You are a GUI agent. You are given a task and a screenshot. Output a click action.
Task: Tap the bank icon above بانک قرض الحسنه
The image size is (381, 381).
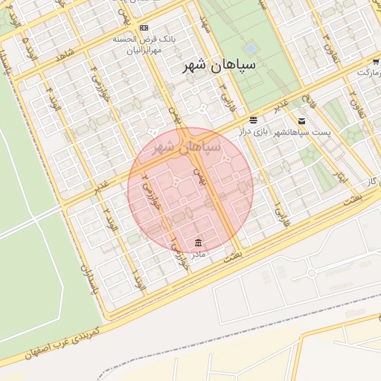pyautogui.click(x=144, y=27)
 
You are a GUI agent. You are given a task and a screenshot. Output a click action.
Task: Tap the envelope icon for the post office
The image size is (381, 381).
pyautogui.click(x=301, y=120)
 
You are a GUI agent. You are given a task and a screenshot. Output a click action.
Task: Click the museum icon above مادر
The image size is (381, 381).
pyautogui.click(x=197, y=243)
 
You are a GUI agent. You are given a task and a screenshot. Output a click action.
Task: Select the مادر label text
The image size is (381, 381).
pyautogui.click(x=197, y=254)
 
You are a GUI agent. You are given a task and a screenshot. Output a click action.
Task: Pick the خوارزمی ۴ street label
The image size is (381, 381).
pyautogui.click(x=95, y=80)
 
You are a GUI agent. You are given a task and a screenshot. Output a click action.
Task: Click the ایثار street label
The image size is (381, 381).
pyautogui.click(x=337, y=176)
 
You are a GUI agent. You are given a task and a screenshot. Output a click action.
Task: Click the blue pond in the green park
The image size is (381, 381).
pyautogui.click(x=250, y=48)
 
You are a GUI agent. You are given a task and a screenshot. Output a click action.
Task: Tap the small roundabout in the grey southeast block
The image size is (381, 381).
pyautogui.click(x=311, y=273)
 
